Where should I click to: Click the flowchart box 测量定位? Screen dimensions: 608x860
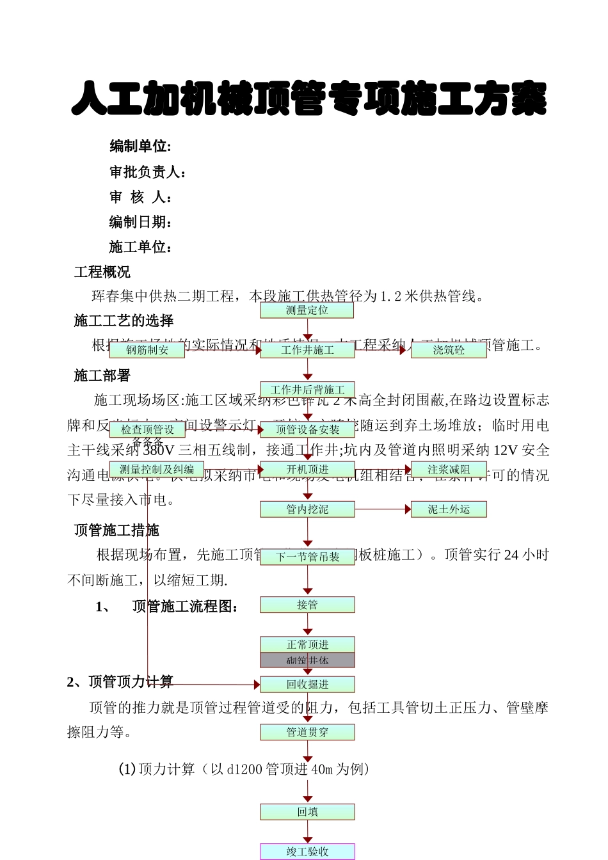point(307,310)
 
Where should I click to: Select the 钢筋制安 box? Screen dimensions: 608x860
point(147,350)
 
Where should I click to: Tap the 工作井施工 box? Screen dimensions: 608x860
point(307,350)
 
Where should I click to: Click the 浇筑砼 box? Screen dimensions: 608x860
point(449,350)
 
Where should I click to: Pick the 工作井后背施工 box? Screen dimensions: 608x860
point(307,390)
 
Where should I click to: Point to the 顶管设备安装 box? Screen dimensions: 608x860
point(307,429)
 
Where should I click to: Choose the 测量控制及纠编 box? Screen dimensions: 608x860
point(157,470)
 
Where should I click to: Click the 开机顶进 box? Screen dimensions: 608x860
point(307,470)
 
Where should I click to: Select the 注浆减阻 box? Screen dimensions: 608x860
point(449,470)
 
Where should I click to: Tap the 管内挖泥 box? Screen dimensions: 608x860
point(307,509)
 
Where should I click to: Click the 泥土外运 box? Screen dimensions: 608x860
point(449,509)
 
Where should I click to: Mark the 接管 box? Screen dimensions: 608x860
point(307,605)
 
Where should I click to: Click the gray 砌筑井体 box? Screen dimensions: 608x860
point(307,660)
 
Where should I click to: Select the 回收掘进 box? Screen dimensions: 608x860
point(307,685)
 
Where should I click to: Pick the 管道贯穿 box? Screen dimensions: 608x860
point(307,732)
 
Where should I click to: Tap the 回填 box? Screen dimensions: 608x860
point(307,812)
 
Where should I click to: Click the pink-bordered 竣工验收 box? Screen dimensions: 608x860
point(307,852)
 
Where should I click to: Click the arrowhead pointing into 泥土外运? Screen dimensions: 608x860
point(408,509)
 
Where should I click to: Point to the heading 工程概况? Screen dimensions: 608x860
point(102,273)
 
